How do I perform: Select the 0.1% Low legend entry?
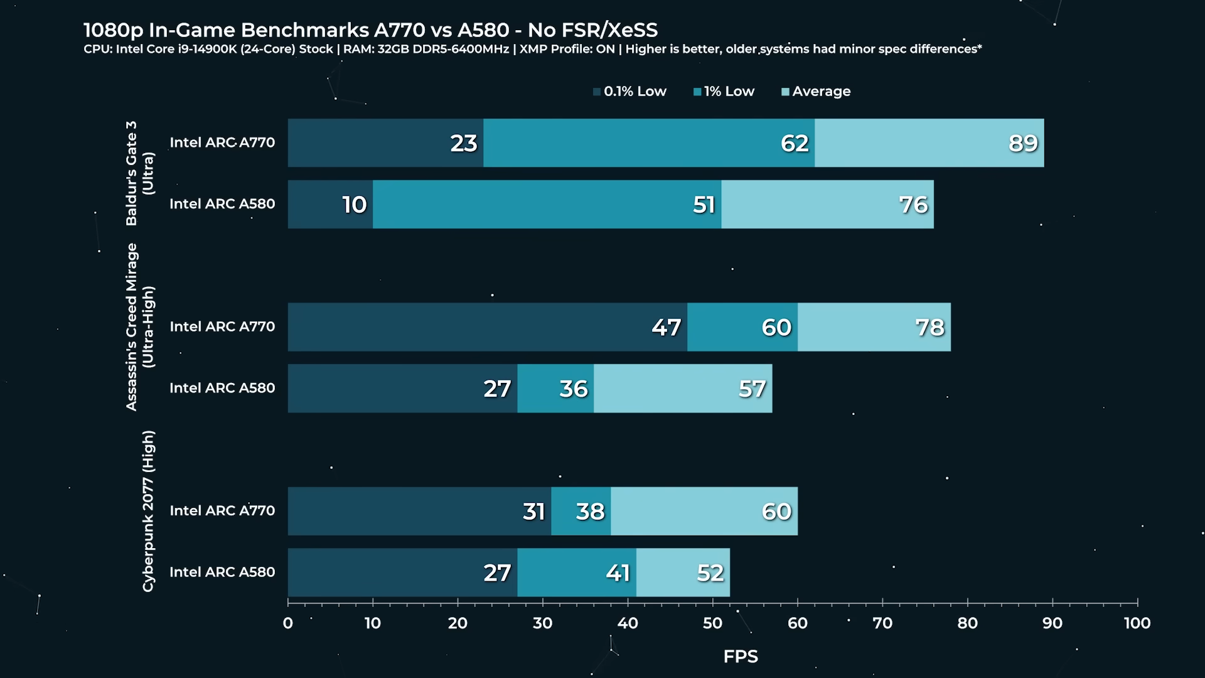629,92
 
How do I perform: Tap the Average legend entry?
816,92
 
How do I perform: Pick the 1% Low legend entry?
724,92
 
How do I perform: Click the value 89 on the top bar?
1023,144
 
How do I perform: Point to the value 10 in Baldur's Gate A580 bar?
355,205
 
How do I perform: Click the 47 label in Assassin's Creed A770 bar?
666,328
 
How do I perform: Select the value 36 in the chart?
574,389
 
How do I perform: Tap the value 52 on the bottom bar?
710,573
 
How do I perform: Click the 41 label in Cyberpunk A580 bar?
618,573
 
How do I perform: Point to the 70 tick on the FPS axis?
882,623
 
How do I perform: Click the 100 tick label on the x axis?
1137,623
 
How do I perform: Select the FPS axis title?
741,657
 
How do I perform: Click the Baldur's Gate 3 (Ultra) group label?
139,173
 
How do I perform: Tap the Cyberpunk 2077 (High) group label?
147,511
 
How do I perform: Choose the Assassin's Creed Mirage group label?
139,327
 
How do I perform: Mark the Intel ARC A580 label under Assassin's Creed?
222,388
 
